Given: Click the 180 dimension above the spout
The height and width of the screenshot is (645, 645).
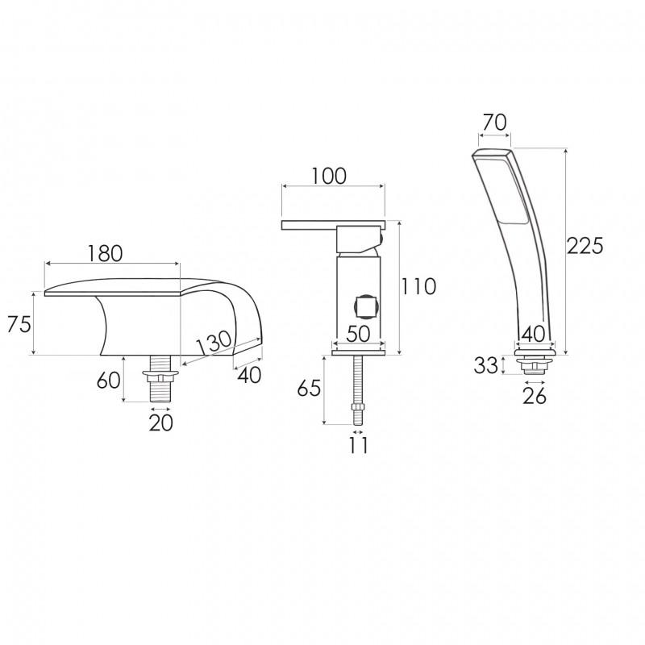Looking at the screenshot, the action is tap(105, 253).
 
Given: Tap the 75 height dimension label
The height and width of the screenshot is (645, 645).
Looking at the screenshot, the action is tap(19, 324).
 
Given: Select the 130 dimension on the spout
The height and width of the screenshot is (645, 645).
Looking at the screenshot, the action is tap(214, 342).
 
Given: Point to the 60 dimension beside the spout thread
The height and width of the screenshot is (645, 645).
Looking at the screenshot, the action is tap(108, 381).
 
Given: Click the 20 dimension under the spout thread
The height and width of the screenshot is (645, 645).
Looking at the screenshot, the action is tap(160, 422).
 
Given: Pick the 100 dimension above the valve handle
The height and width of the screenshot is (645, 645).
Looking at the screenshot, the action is tap(329, 176).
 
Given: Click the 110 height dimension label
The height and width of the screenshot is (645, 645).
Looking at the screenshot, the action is tap(418, 286).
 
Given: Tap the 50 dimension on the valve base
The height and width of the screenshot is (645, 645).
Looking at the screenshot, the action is tap(358, 334).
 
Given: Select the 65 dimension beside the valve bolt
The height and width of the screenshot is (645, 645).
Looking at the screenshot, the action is tap(309, 388).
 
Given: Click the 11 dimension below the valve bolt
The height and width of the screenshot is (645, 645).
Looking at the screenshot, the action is tap(358, 445).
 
